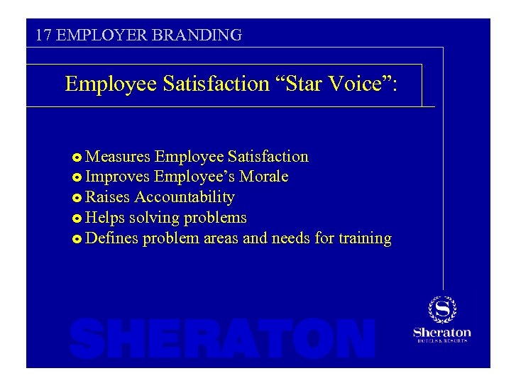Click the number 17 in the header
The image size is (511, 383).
(x=43, y=35)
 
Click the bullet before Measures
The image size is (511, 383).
(x=77, y=157)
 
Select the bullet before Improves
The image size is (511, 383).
(x=77, y=177)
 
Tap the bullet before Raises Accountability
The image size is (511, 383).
(x=77, y=197)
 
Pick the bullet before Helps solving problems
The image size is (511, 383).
(x=77, y=218)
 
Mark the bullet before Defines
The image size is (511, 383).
(x=77, y=238)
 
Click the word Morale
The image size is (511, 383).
(x=263, y=177)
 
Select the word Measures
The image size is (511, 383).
(x=117, y=156)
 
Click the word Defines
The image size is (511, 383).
(x=111, y=238)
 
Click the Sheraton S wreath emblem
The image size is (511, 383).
(x=441, y=309)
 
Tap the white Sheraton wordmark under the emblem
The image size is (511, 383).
(x=441, y=332)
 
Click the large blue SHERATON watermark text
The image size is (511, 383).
(x=222, y=338)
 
